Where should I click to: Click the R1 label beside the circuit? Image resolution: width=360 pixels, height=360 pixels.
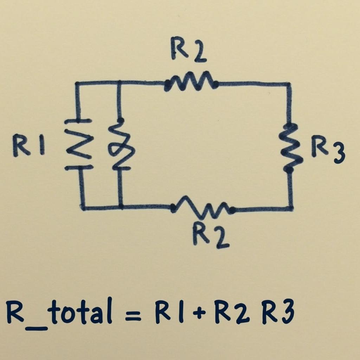point(29,146)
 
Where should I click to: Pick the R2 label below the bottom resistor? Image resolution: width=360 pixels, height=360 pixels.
point(211,236)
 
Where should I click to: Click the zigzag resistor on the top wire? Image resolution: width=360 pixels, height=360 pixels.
point(191,82)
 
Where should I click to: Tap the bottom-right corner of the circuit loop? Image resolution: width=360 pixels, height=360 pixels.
point(291,208)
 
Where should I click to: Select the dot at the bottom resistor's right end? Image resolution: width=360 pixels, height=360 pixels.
point(232,210)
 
